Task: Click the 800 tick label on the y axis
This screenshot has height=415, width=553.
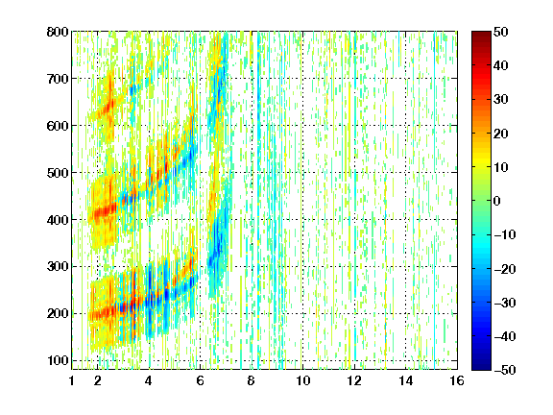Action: click(58, 32)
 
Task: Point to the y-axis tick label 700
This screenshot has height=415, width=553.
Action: click(58, 79)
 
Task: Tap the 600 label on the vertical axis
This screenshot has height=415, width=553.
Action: click(58, 126)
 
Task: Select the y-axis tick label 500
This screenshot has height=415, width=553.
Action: click(58, 173)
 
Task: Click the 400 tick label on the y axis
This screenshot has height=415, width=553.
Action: click(58, 220)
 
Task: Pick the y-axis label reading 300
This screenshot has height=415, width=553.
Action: click(58, 267)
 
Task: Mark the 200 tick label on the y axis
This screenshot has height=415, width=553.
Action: click(58, 314)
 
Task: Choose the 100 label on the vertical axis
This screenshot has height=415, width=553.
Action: click(58, 360)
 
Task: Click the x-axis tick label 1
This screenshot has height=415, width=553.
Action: click(72, 380)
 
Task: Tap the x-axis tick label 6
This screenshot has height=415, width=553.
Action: click(201, 380)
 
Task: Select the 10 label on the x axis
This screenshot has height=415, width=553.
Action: click(303, 380)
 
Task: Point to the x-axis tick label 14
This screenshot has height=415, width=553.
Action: click(406, 380)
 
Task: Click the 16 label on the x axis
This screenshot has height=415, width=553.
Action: click(457, 380)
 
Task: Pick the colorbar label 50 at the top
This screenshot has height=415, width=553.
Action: click(501, 32)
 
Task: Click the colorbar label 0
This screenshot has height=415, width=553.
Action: click(497, 201)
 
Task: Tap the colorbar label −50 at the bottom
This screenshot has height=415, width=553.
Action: click(505, 370)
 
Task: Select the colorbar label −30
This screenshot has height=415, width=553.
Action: click(505, 303)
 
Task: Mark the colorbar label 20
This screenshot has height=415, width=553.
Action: click(501, 134)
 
